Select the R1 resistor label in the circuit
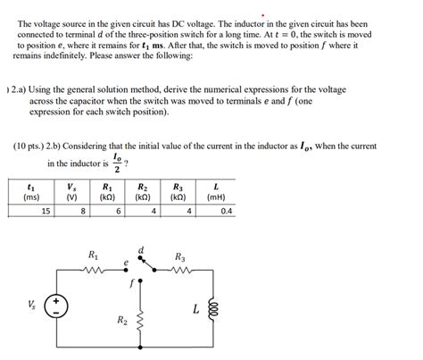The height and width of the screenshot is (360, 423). (94, 255)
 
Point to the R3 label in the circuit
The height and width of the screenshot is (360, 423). (180, 254)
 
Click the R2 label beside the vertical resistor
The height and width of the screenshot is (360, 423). (121, 319)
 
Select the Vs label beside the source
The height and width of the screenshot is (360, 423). (32, 304)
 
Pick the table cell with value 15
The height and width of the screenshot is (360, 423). (45, 211)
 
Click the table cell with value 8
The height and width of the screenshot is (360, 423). (82, 211)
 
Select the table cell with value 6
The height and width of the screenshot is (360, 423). (118, 211)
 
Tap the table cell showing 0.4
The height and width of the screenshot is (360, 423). (225, 211)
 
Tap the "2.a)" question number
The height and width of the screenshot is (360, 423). (24, 90)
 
